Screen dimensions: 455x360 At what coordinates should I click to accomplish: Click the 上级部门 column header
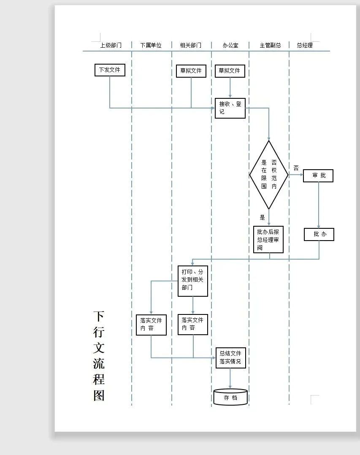click(x=111, y=45)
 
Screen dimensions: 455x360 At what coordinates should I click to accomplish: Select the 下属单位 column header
click(x=151, y=45)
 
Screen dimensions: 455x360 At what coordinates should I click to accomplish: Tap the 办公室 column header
click(x=230, y=45)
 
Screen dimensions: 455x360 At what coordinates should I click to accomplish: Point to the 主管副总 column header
click(x=271, y=45)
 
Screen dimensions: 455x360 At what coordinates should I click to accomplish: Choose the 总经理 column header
click(x=305, y=45)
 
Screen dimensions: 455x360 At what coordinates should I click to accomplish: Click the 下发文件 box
click(x=110, y=70)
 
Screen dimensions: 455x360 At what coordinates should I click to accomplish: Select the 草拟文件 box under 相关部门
click(x=191, y=71)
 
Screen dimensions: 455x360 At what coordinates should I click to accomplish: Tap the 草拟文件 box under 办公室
click(x=230, y=71)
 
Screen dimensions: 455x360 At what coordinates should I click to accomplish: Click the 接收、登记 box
click(x=230, y=108)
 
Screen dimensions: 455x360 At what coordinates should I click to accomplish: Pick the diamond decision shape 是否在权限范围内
click(x=269, y=175)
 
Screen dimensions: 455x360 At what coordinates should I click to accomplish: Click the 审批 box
click(x=318, y=176)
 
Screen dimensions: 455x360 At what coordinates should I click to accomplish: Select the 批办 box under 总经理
click(x=319, y=234)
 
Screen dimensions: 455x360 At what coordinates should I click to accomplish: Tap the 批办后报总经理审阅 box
click(x=268, y=239)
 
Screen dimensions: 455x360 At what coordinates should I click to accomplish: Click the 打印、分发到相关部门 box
click(x=193, y=280)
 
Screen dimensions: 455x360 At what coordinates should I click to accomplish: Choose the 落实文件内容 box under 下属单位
click(x=151, y=325)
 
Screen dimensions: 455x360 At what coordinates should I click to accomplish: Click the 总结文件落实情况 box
click(x=230, y=357)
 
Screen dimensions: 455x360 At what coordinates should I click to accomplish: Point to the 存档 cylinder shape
click(x=230, y=397)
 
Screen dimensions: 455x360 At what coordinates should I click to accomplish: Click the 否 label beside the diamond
click(x=296, y=168)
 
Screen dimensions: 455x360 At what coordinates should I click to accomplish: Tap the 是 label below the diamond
click(x=263, y=217)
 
